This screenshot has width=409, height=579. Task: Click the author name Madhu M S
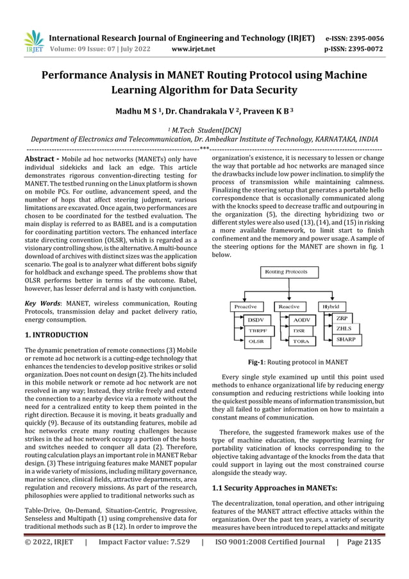point(140,112)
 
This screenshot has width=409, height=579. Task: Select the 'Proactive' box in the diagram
point(246,306)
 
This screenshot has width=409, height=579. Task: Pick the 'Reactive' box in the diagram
point(289,306)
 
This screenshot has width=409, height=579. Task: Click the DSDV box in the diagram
point(256,319)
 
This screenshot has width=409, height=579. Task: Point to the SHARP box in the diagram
point(347,340)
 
